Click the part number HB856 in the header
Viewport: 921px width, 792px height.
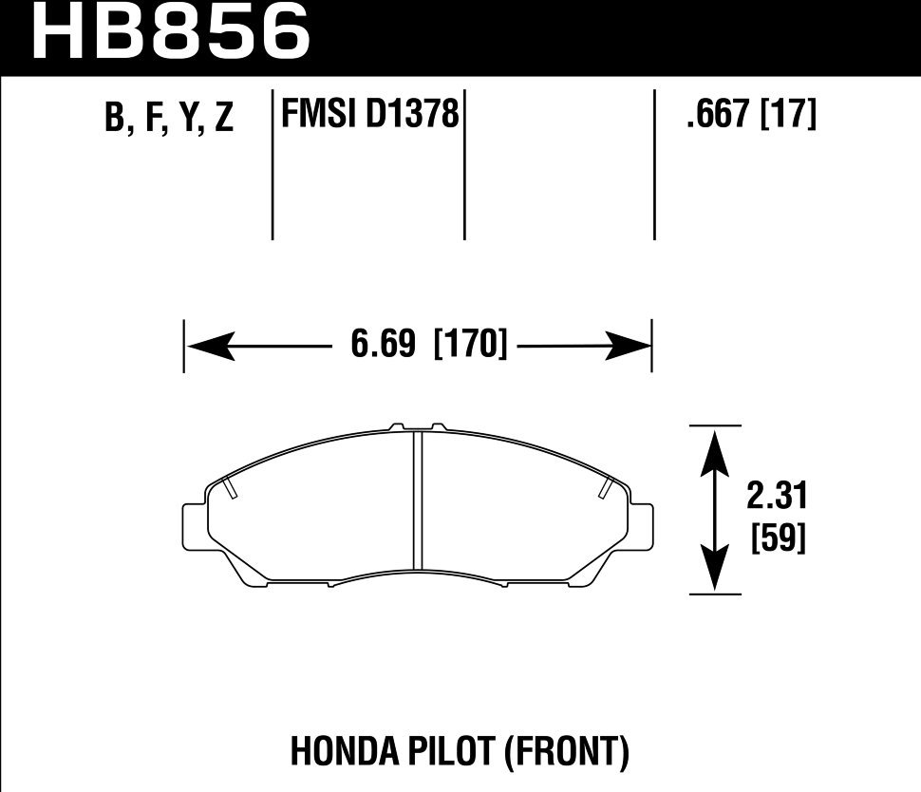(172, 32)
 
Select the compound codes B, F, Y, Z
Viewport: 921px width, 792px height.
(170, 119)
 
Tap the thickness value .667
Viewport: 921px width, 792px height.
(717, 116)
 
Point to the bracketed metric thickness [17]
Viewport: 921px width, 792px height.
(789, 116)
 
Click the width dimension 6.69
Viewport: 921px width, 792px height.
(384, 345)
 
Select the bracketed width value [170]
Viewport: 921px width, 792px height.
(470, 345)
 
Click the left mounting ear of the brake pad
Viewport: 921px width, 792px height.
(194, 525)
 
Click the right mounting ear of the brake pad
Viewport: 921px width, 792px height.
(641, 525)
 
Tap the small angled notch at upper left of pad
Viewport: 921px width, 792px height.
(229, 488)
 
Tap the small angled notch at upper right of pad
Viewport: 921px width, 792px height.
(605, 488)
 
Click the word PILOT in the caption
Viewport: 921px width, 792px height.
(446, 753)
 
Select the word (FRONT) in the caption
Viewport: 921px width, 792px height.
(565, 753)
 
